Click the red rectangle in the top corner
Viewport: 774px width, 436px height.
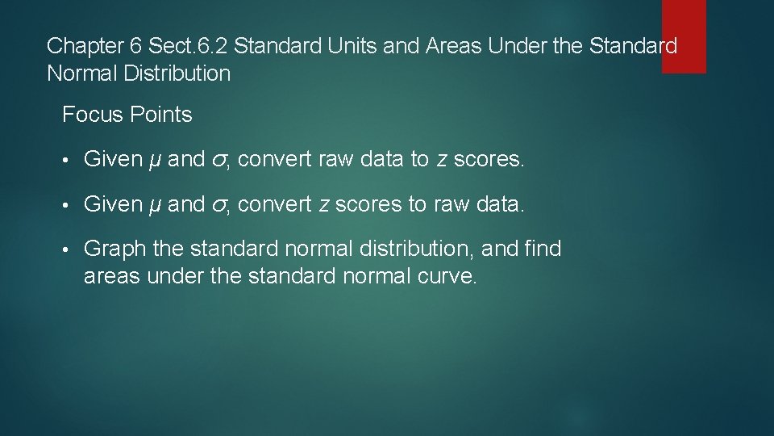(x=684, y=36)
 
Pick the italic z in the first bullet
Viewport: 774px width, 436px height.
(x=442, y=160)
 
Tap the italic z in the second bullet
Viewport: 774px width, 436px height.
(x=324, y=205)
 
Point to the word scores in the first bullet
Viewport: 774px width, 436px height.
(x=489, y=160)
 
